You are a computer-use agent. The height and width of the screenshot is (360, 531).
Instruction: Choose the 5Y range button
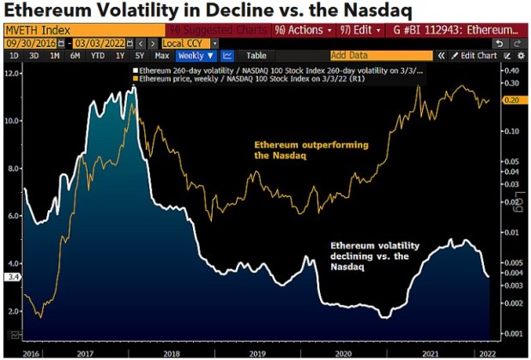click(139, 56)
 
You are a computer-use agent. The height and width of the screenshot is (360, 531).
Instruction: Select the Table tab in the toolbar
click(256, 56)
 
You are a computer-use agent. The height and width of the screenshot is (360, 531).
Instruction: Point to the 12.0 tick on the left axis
click(11, 74)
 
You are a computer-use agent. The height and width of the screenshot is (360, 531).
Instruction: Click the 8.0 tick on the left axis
click(11, 169)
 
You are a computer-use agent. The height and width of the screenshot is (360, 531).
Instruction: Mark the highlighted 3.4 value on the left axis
click(11, 277)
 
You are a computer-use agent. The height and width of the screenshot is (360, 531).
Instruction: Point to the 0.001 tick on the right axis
click(513, 333)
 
